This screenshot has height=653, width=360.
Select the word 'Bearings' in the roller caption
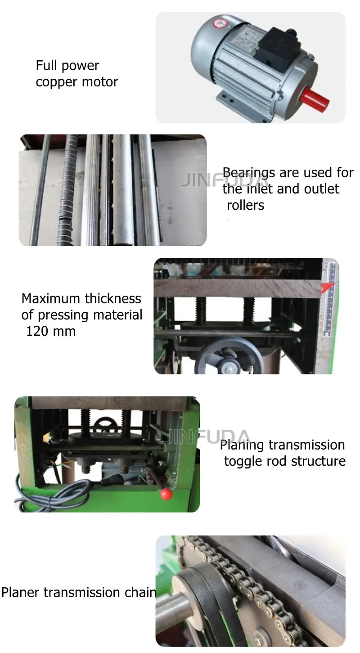[249, 172]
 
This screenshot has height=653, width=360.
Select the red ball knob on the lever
[166, 494]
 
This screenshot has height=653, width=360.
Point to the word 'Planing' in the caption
[242, 446]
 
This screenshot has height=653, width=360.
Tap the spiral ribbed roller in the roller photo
[67, 191]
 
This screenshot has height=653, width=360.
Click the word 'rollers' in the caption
[245, 205]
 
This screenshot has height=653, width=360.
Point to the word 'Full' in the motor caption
[47, 66]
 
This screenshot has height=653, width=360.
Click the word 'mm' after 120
[66, 331]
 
